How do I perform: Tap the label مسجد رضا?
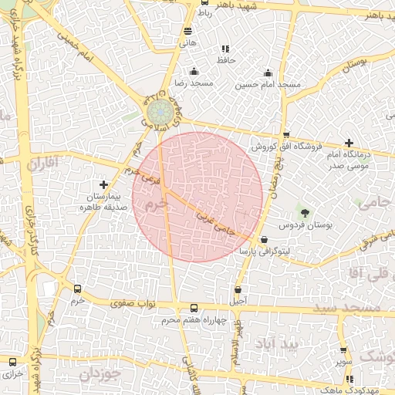point(187,83)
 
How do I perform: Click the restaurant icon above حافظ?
point(225,49)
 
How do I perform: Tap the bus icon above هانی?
point(188,31)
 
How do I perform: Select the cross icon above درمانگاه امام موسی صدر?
point(349,143)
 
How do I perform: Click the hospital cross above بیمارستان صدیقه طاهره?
point(104,184)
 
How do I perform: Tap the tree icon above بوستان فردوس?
point(306,212)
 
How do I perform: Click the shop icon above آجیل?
point(238,290)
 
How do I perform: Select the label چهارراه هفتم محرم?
point(193,319)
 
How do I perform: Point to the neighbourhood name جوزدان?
point(101,374)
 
